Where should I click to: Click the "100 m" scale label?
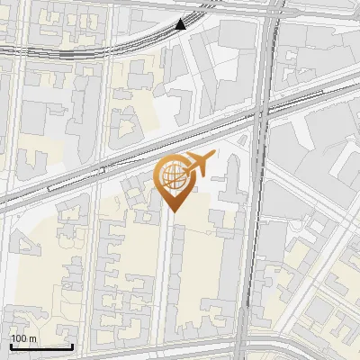pos(23,338)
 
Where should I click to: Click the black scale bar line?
pos(41,346)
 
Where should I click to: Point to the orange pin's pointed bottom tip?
pos(173,211)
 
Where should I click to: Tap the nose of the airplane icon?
pos(212,157)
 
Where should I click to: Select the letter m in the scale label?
pos(32,338)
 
